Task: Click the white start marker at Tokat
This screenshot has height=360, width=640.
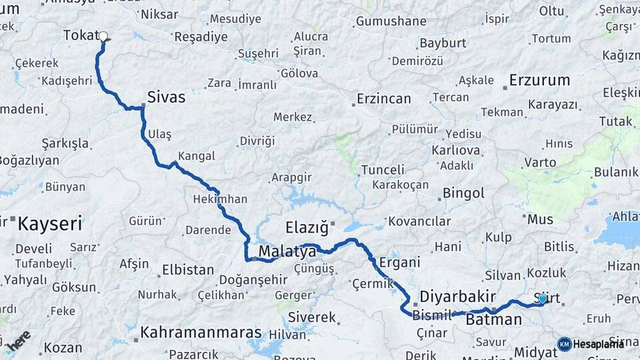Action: coord(103,37)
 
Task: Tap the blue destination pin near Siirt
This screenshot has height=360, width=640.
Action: coord(542,299)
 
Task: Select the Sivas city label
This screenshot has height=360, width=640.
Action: coord(166,97)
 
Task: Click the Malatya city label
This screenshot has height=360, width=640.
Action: coord(287,252)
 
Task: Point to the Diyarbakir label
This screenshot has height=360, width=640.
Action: coord(457,296)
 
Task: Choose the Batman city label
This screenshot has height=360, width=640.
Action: coord(493,320)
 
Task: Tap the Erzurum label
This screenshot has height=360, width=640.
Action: coord(539,81)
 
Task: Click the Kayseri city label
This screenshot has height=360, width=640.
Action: coord(49,223)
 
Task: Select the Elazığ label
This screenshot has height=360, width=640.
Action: coord(307,228)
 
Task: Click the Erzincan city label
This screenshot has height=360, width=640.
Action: coord(383,99)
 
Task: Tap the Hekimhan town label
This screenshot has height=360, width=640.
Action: coord(219,199)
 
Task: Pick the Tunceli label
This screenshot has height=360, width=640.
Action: coord(382,169)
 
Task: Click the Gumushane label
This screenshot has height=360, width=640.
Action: coord(391,21)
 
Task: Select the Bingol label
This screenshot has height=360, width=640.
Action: coord(463,193)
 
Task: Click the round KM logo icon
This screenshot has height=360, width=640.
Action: coord(564,344)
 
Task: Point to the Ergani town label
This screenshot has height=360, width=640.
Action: coord(399,262)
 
